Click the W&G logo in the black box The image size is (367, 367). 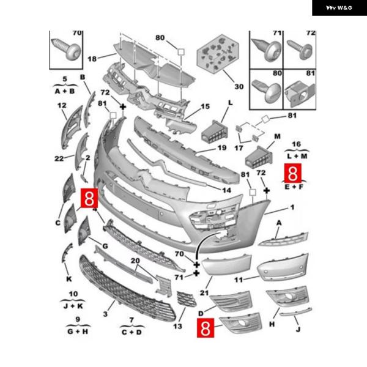339,8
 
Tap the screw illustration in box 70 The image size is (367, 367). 67,50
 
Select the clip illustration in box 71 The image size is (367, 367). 266,50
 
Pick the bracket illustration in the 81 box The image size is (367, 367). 300,94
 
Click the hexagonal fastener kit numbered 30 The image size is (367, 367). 218,54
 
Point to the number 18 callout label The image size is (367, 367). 92,59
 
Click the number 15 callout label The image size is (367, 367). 205,106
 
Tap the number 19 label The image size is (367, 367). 222,147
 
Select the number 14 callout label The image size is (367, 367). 226,190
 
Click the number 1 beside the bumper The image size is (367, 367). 292,207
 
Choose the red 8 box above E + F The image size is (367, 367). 293,173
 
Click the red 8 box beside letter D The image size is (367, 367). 206,328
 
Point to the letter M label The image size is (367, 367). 277,136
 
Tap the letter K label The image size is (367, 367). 69,279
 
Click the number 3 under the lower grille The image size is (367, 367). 105,314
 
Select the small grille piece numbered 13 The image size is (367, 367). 187,298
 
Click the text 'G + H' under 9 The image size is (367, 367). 78,332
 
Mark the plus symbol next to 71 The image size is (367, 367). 196,273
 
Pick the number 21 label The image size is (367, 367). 204,292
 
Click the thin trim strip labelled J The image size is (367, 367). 296,312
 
